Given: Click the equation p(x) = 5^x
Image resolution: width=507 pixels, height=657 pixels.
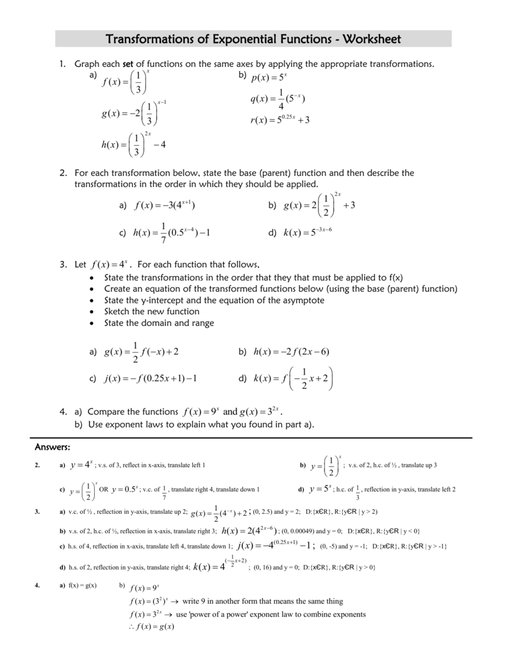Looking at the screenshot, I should tap(269, 78).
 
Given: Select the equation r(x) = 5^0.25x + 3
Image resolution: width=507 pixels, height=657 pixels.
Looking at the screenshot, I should tap(279, 120).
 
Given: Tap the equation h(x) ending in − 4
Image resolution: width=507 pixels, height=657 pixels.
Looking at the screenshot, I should tap(133, 144).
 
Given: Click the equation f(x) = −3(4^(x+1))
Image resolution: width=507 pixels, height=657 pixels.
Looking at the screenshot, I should tap(165, 205).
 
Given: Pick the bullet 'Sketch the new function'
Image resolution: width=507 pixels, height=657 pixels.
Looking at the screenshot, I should tap(151, 311).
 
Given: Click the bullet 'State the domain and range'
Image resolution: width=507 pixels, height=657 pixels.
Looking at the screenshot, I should tap(158, 323).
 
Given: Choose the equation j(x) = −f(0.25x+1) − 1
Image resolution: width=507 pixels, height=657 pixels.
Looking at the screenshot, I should tap(150, 379).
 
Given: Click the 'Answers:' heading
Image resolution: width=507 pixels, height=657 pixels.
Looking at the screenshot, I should tap(52, 447).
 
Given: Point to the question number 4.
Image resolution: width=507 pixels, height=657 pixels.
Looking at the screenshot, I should tap(63, 411).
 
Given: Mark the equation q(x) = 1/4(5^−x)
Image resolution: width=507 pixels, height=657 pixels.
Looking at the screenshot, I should tap(277, 99).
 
